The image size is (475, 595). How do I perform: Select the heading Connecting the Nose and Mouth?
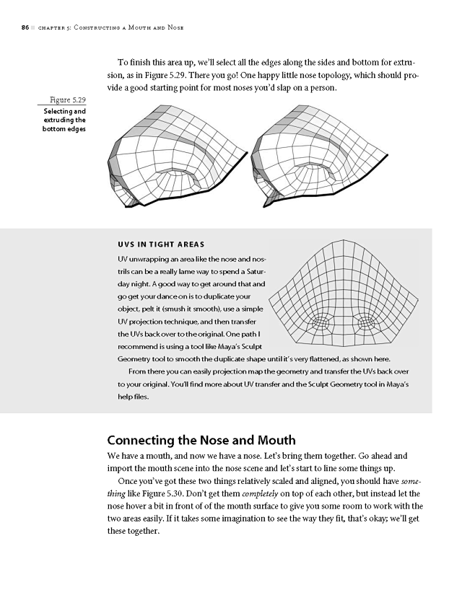pos(201,439)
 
